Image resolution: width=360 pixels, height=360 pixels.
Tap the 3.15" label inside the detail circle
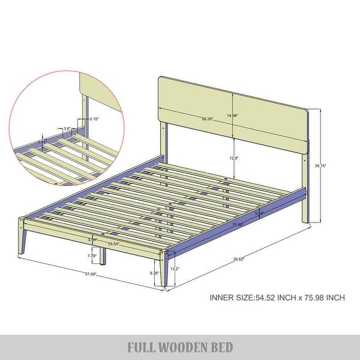93,119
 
